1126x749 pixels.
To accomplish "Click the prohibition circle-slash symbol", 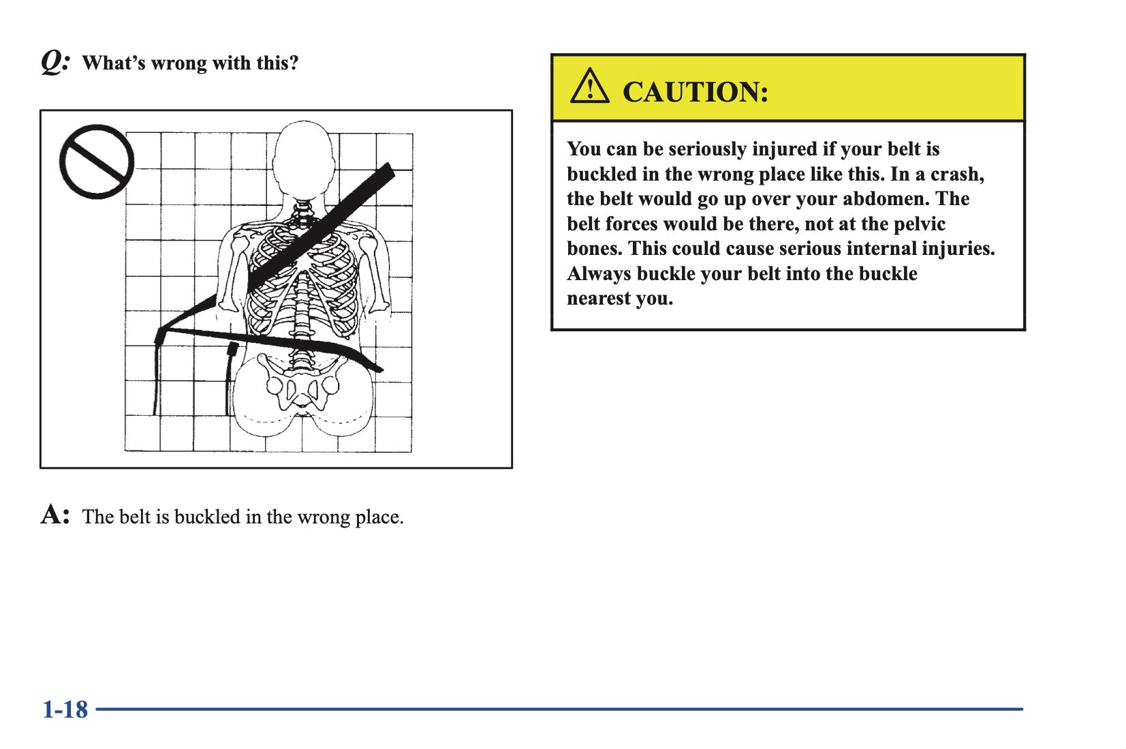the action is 97,162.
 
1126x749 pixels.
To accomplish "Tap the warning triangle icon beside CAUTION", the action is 590,87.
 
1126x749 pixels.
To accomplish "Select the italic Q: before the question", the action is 55,63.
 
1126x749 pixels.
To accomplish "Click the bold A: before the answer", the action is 54,515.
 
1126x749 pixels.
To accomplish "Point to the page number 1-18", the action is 65,709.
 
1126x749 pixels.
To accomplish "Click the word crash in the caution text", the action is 957,174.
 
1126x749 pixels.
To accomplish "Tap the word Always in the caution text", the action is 599,274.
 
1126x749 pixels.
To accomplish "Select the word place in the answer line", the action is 379,517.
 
